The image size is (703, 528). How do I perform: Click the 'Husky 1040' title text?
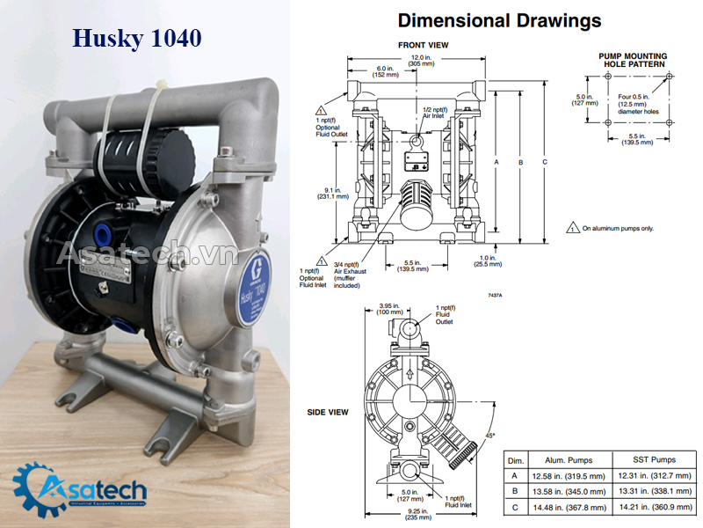click(136, 39)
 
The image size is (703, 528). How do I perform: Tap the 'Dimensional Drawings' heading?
click(499, 20)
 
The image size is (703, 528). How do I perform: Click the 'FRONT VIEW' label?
click(424, 45)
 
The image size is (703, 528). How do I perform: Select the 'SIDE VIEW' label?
click(327, 412)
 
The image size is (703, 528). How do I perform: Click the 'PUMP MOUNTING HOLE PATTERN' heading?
click(633, 61)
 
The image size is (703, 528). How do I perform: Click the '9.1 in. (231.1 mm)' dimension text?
click(334, 194)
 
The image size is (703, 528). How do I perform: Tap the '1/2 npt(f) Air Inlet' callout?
click(433, 113)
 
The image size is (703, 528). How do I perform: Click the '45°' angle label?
click(490, 435)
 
